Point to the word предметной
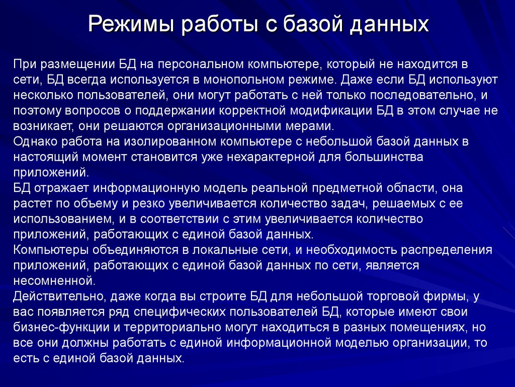[372, 188]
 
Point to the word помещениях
[420, 327]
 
